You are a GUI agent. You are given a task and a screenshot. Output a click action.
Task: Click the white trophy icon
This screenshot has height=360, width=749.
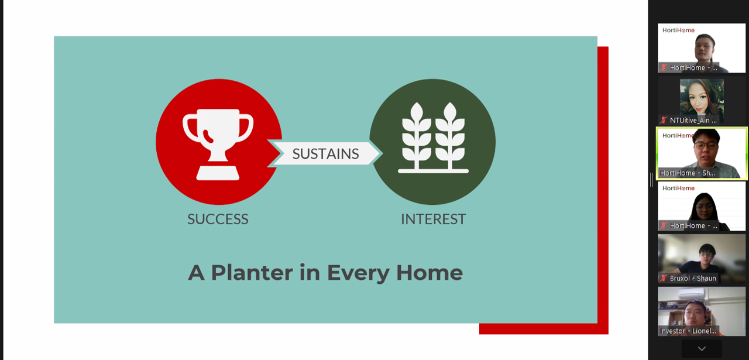218,144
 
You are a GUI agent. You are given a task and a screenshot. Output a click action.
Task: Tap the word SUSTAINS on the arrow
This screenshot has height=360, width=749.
325,153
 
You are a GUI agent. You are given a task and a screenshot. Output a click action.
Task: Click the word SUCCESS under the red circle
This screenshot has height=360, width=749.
218,219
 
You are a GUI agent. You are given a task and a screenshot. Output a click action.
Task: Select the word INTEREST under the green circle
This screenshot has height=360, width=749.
433,219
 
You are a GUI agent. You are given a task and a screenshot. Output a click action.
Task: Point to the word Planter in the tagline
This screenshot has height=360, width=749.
252,273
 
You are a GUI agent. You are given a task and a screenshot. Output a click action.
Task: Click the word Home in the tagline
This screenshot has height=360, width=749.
430,272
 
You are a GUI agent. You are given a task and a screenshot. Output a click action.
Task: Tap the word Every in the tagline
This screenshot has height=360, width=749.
359,273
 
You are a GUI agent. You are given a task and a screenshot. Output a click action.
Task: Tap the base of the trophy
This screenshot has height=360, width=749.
218,173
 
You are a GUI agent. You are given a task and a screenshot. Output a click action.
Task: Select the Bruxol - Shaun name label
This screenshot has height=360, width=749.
693,278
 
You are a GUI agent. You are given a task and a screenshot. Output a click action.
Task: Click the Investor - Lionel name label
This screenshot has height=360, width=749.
688,331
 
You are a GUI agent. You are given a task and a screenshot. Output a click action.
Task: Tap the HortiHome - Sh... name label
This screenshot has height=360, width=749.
688,173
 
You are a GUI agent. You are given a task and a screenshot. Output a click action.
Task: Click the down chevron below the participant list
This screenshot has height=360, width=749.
702,349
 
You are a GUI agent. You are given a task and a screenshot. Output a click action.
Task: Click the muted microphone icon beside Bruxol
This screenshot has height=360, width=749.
664,277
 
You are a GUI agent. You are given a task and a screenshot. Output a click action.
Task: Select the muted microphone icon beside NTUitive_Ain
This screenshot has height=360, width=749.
664,120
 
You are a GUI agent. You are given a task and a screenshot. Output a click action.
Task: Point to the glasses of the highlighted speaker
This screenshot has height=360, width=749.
706,145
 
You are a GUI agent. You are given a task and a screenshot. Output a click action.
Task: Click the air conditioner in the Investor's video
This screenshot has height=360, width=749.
692,294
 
